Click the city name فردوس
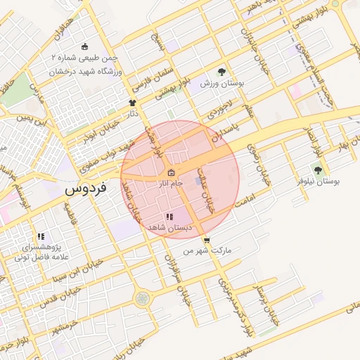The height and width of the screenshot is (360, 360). [x=84, y=189]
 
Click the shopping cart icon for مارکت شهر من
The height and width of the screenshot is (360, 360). [x=205, y=240]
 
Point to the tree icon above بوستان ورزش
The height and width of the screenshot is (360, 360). [x=221, y=72]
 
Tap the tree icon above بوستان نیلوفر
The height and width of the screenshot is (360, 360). [x=317, y=169]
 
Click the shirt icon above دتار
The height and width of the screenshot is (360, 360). [x=131, y=102]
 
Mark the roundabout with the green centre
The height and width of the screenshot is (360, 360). [x=143, y=299]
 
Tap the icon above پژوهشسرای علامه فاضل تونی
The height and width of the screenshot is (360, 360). [x=41, y=237]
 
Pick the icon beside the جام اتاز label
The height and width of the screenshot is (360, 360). [x=172, y=173]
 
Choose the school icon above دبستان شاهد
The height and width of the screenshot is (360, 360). [x=169, y=217]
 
